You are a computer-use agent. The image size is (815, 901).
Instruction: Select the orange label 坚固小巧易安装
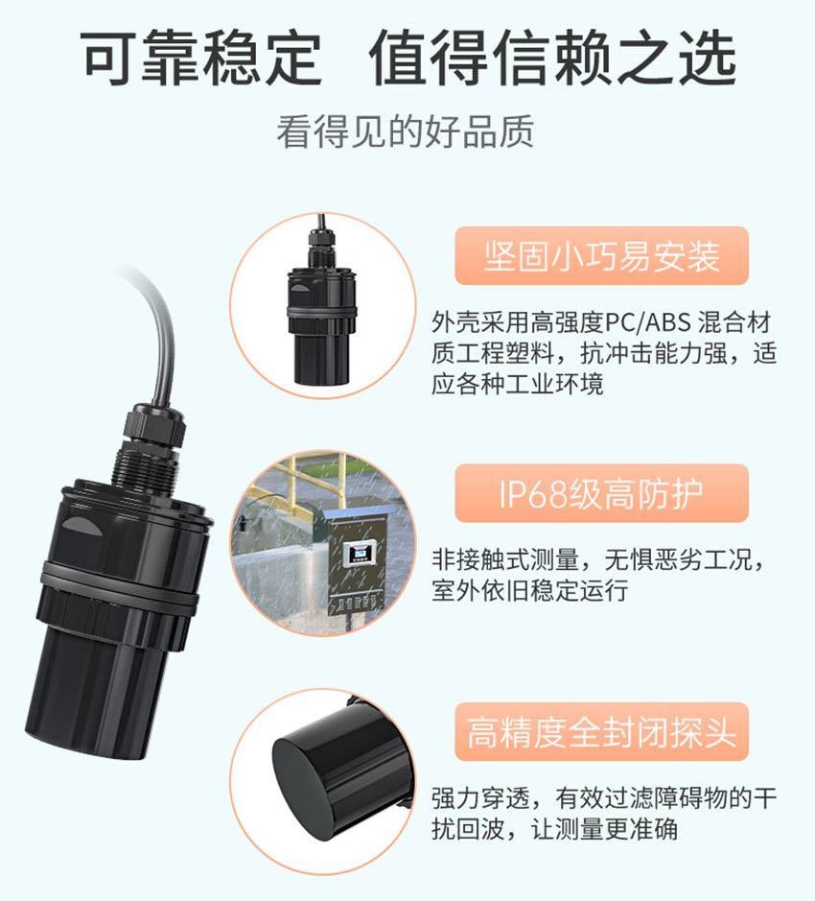click(601, 255)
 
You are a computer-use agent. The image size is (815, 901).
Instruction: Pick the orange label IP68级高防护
click(601, 493)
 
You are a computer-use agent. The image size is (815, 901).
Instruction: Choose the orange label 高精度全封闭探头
click(601, 732)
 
